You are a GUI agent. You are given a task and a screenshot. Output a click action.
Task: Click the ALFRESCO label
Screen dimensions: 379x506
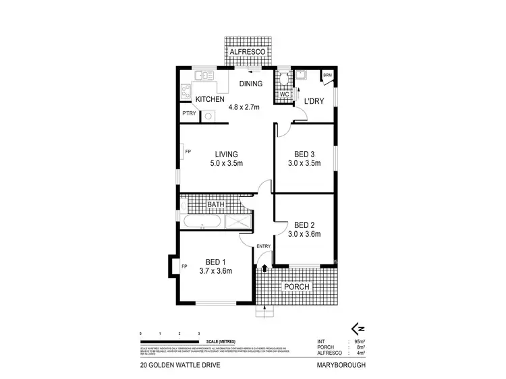(247, 52)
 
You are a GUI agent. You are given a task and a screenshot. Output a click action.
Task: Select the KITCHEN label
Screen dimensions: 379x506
(209, 100)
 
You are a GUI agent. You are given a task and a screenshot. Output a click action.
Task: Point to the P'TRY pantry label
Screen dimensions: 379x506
(189, 114)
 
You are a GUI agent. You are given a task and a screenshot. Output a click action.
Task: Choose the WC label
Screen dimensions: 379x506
(284, 95)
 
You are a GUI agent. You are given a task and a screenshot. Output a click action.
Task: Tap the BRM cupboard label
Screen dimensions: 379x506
(327, 75)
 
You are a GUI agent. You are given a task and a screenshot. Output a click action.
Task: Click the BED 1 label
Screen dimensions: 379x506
(216, 262)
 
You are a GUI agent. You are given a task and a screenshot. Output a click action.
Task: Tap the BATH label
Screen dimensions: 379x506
(216, 204)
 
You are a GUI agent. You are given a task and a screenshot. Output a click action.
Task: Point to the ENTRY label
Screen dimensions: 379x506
(263, 247)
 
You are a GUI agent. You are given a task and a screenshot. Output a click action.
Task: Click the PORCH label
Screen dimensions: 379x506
(297, 287)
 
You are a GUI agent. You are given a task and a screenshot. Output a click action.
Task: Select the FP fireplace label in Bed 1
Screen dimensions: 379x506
(184, 266)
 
